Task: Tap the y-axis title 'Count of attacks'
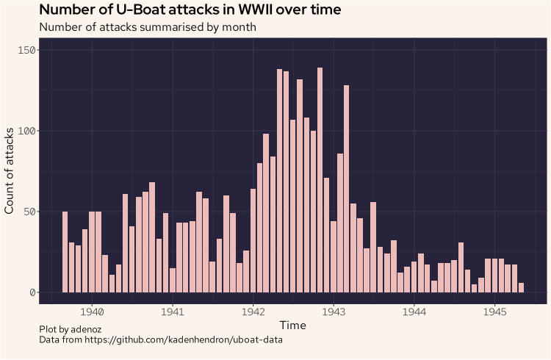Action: click(10, 170)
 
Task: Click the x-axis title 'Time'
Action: click(292, 325)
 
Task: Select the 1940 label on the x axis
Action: click(91, 310)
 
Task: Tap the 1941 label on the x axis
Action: click(172, 310)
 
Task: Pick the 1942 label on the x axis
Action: click(253, 310)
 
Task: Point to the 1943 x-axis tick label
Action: click(334, 310)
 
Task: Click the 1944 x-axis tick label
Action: click(414, 310)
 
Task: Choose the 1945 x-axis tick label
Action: click(495, 310)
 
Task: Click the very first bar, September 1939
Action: click(65, 252)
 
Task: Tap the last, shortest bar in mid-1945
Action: click(522, 288)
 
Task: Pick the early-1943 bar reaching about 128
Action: click(346, 189)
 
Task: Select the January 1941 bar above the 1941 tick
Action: click(173, 281)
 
